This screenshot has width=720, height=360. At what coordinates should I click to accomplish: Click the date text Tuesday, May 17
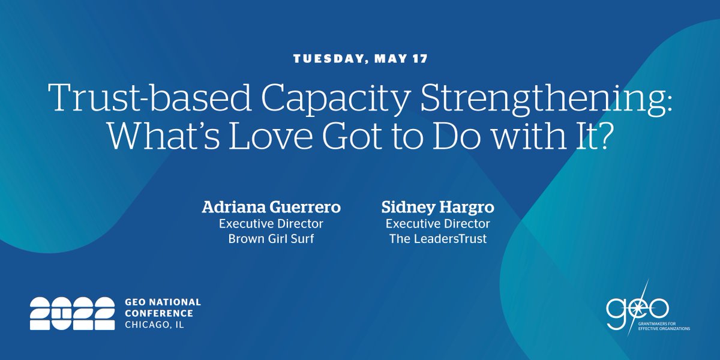tap(359, 59)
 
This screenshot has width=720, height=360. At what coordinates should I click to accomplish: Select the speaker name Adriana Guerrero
tap(271, 208)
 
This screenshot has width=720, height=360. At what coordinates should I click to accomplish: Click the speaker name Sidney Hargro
tap(437, 208)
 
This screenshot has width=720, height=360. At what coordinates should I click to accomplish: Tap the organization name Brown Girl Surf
tap(271, 239)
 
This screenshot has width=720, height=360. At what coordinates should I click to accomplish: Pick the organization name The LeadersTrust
tap(437, 239)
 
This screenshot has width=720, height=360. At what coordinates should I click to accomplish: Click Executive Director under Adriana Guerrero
tap(271, 224)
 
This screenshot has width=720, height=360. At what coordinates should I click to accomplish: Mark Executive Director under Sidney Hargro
tap(437, 224)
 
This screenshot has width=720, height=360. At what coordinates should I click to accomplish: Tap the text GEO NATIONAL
tap(163, 302)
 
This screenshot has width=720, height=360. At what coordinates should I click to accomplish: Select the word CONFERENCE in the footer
tap(159, 313)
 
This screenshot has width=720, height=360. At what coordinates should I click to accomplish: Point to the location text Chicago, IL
tap(155, 325)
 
